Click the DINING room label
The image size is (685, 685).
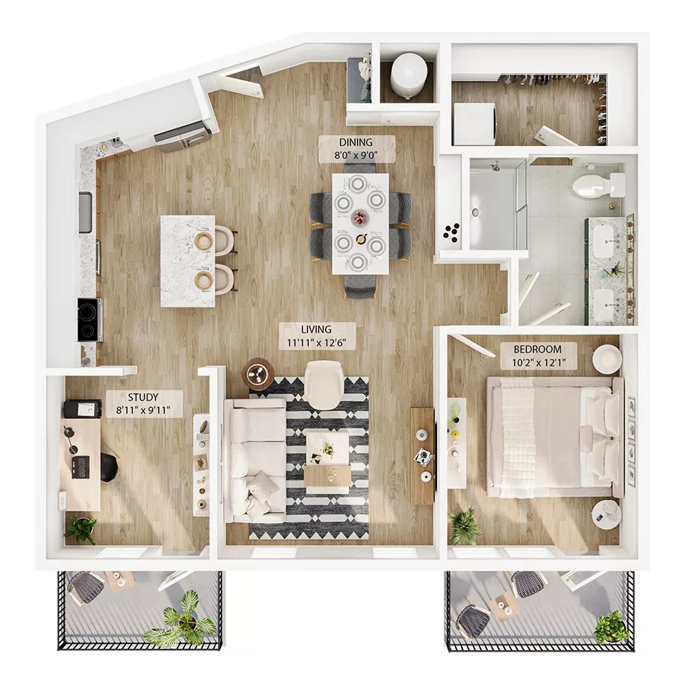point(356,142)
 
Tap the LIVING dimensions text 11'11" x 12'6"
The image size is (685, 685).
point(316,342)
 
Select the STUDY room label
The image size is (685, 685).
point(143,397)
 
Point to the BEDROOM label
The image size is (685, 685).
point(537,349)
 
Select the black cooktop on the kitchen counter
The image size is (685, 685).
point(88,320)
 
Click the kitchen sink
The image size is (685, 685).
point(84,212)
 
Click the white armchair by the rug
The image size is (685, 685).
point(325,384)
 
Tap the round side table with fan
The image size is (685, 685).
point(258,373)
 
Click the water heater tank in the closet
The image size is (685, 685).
point(408,75)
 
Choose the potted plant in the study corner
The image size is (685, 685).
point(81,527)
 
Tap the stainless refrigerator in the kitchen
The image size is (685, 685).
point(183,137)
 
